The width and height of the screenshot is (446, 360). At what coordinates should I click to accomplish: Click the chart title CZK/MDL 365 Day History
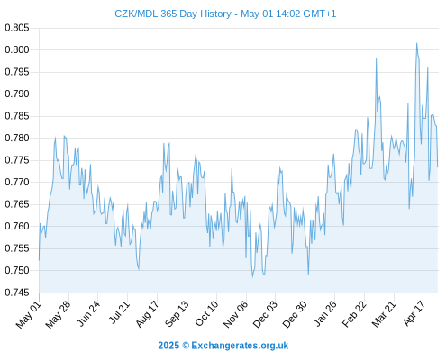(173, 13)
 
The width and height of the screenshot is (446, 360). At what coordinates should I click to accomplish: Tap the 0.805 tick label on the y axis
(17, 28)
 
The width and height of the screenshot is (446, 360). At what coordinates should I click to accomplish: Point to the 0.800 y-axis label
(17, 49)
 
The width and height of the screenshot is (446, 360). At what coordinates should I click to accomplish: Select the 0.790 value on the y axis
(17, 94)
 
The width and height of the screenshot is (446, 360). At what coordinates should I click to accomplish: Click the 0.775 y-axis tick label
(17, 160)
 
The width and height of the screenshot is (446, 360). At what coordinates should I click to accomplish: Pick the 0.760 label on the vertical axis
(17, 226)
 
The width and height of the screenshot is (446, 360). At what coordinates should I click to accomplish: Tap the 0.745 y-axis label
(17, 292)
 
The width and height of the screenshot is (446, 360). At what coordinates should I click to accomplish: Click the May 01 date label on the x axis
(29, 314)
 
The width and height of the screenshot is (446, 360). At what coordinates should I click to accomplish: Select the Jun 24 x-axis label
(88, 313)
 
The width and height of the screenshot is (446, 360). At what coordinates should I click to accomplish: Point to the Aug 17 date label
(147, 314)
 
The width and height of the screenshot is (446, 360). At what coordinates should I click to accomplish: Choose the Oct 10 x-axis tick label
(206, 313)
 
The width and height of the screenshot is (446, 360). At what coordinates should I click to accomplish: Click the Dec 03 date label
(265, 314)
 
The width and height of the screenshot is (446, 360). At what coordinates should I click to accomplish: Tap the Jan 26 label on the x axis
(324, 313)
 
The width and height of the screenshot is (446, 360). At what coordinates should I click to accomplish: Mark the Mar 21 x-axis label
(384, 314)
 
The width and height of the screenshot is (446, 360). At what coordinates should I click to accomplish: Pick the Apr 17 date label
(414, 313)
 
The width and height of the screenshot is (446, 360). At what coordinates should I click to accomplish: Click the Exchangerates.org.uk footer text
(240, 346)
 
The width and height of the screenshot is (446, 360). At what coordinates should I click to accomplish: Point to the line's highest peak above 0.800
(416, 43)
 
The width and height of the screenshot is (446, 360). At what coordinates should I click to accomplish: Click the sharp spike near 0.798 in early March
(376, 58)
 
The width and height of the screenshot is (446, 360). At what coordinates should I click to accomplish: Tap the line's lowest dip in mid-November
(252, 277)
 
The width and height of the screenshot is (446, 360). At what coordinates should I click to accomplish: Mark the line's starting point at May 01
(39, 260)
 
